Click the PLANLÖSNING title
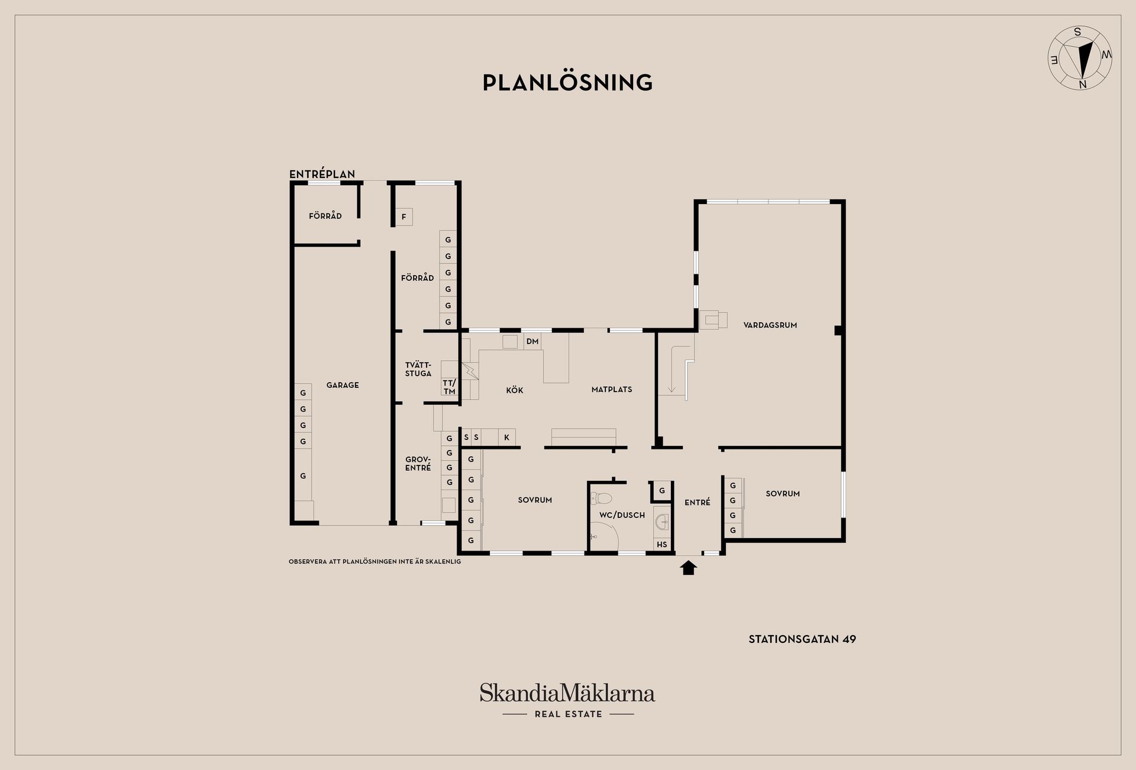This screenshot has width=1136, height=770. point(567,83)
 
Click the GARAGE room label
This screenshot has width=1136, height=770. point(343,385)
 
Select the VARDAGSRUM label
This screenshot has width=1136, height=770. point(770,325)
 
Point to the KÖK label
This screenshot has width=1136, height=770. point(514,390)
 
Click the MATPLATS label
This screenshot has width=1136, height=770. point(612,390)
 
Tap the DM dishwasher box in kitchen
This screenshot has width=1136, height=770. point(532,341)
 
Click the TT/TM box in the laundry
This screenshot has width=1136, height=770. point(449,387)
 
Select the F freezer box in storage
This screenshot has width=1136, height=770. point(404,217)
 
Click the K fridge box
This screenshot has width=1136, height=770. point(506,438)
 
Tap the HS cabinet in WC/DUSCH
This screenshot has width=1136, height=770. point(661,545)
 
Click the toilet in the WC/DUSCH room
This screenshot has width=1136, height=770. point(602,498)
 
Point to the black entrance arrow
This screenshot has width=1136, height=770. point(688,568)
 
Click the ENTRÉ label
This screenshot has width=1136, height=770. point(697,503)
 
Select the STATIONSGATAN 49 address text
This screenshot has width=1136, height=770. point(802,639)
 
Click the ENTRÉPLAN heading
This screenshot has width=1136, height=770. point(322,174)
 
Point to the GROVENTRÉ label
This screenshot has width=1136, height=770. point(418,464)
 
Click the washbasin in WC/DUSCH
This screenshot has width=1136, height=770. point(662,522)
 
